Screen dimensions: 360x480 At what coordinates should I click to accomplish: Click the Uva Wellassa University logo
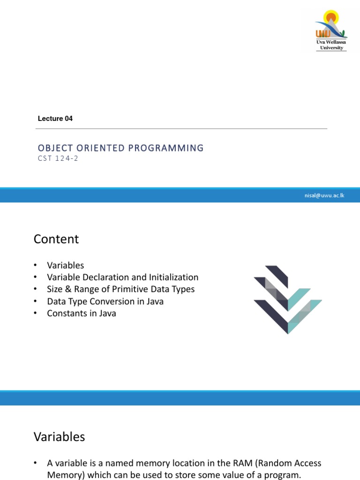(331, 30)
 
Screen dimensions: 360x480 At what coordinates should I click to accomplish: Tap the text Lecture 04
(55, 119)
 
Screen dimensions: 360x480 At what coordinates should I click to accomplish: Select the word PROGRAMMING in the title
(165, 148)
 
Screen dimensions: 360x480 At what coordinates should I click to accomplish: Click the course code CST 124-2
(58, 158)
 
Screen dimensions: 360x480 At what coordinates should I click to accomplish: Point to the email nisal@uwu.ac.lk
(324, 195)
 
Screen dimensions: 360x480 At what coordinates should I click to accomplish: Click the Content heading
(56, 239)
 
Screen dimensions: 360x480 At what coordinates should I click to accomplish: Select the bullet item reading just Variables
(65, 265)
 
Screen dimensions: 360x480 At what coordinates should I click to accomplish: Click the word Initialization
(173, 277)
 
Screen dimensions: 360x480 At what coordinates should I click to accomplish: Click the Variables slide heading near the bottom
(59, 437)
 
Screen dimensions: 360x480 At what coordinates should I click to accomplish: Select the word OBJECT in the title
(55, 148)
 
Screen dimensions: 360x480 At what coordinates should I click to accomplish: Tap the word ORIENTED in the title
(100, 148)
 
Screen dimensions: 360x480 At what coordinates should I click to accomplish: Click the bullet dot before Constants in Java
(36, 313)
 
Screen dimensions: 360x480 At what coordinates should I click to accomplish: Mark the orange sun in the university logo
(331, 17)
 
